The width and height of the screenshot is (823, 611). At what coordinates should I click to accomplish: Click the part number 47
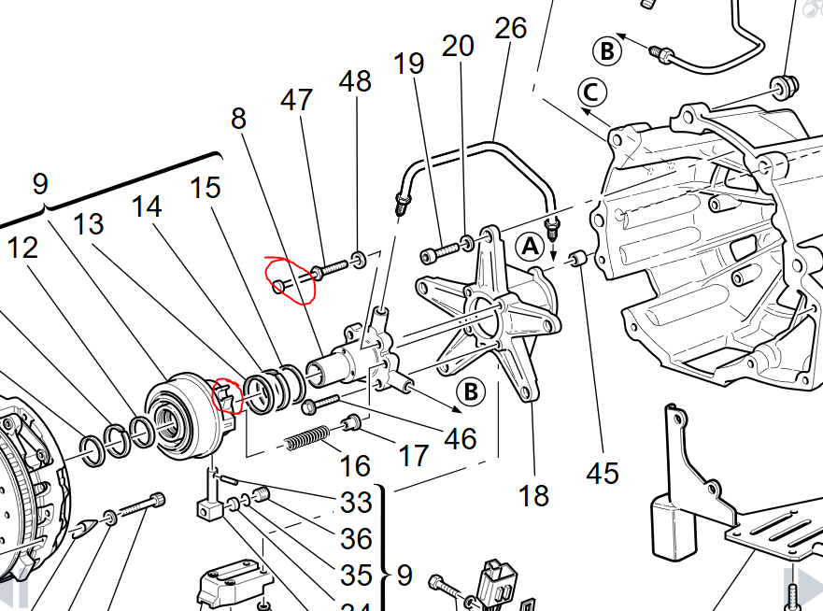tap(296, 100)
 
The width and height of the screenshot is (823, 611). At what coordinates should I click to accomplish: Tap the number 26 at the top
tap(511, 28)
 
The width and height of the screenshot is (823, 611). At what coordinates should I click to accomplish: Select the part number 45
tap(603, 473)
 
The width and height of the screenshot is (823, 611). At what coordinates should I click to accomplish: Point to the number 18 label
tap(533, 494)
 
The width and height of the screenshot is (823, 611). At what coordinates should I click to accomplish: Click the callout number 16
tap(355, 464)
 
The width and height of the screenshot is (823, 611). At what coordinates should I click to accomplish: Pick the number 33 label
tap(356, 503)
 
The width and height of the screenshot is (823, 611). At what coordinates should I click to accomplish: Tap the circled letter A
tap(530, 246)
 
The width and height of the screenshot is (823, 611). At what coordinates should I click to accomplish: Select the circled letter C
tap(592, 92)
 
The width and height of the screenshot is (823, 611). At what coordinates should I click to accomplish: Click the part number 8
tap(239, 119)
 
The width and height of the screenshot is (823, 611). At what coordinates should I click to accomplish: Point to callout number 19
tap(409, 64)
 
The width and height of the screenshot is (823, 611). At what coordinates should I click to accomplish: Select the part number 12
tap(24, 248)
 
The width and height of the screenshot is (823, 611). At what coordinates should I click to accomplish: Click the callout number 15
tap(205, 188)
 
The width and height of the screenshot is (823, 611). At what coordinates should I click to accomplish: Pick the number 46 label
tap(460, 437)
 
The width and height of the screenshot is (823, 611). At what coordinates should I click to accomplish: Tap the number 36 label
tap(356, 539)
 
